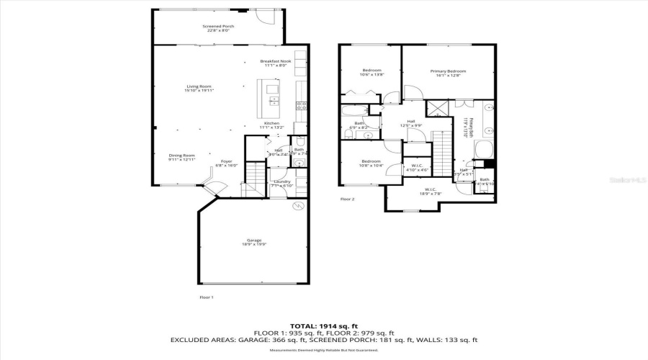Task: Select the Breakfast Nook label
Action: point(275,61)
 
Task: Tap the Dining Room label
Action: point(181,156)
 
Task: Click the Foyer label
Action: point(226,161)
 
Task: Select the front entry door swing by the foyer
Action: point(215,189)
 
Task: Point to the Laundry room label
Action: point(281,181)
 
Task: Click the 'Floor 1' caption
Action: point(206,297)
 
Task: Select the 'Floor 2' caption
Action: point(348,199)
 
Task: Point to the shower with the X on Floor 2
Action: point(436,109)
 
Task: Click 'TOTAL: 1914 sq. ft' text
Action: point(323,325)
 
